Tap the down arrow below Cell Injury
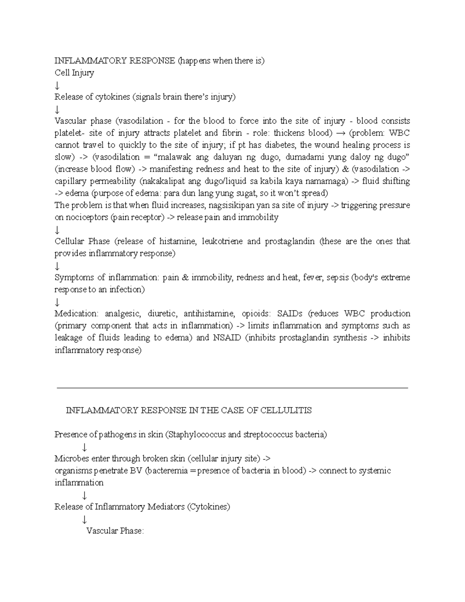[x=57, y=85]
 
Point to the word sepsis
[x=338, y=278]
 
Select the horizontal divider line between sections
[x=232, y=388]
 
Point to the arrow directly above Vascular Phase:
[x=84, y=519]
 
